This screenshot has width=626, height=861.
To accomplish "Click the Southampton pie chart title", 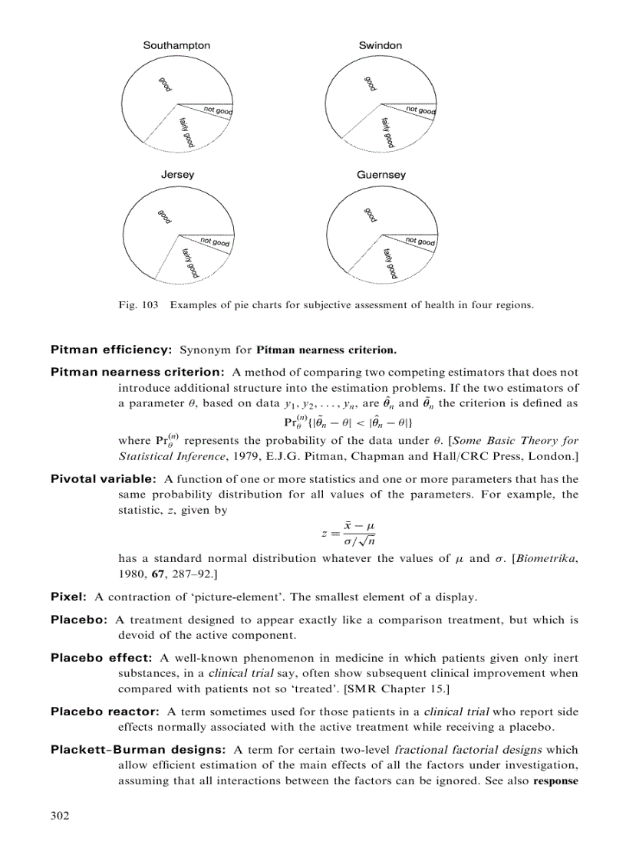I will pyautogui.click(x=176, y=46).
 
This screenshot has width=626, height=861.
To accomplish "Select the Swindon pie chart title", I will pyautogui.click(x=380, y=46).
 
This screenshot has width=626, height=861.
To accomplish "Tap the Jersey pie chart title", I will pyautogui.click(x=177, y=175).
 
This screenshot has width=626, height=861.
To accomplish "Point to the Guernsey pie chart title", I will pyautogui.click(x=381, y=175).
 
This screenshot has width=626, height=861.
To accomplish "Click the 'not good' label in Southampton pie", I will pyautogui.click(x=217, y=112).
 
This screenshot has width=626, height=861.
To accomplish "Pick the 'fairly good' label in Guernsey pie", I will pyautogui.click(x=390, y=263).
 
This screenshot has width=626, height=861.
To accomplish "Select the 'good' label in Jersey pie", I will pyautogui.click(x=164, y=217).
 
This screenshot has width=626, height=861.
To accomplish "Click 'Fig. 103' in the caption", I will pyautogui.click(x=138, y=305).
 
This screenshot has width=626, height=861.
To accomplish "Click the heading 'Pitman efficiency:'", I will pyautogui.click(x=110, y=350).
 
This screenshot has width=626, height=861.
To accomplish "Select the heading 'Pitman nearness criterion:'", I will pyautogui.click(x=137, y=372).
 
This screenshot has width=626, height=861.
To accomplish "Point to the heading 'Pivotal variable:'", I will pyautogui.click(x=104, y=479).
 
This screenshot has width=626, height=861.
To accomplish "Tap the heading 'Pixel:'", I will pyautogui.click(x=68, y=596).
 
